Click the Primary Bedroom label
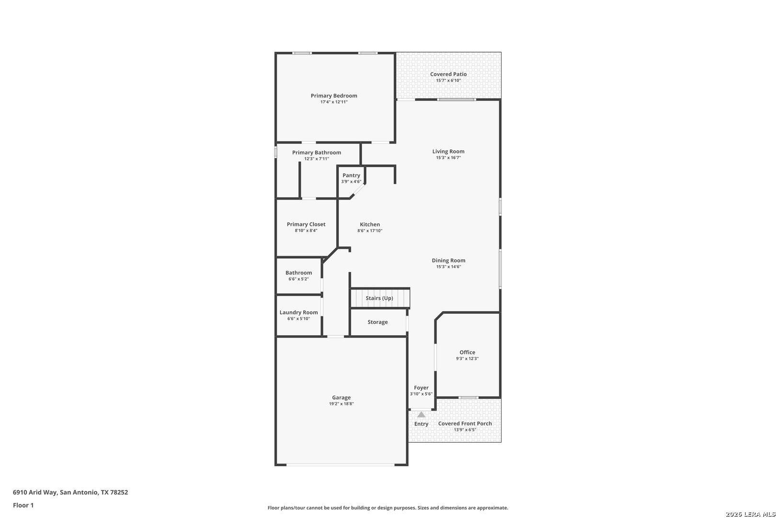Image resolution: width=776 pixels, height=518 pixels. coord(333,96)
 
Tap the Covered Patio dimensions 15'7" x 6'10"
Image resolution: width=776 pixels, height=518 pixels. coord(448,81)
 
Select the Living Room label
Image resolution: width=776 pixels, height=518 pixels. coord(448,151)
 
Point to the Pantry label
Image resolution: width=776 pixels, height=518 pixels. coord(351,175)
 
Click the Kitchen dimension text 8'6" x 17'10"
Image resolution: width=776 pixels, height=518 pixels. coord(370,231)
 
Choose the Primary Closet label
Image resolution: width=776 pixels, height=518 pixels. coord(306,224)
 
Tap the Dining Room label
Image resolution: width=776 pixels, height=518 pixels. coord(448,260)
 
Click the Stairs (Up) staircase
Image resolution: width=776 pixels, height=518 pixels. coord(380,298)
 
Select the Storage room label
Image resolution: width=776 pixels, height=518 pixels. coord(377,322)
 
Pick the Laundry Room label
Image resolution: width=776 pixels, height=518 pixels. coord(298,312)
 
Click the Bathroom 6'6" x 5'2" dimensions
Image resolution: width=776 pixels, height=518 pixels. coord(298,279)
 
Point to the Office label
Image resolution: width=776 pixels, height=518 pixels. coord(467,352)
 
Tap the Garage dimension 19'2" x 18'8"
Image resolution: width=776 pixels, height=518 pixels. coord(341,404)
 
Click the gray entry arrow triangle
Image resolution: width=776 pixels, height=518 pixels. coord(421,414)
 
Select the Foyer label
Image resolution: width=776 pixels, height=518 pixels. coord(421,388)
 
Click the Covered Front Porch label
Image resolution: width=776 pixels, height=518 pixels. coord(465,424)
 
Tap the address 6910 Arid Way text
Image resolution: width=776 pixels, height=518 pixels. coord(34,492)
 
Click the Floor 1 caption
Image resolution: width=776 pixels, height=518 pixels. coord(23,505)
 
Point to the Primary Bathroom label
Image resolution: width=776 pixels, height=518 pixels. coord(317,153)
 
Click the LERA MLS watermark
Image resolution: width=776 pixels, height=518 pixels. coord(750,514)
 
